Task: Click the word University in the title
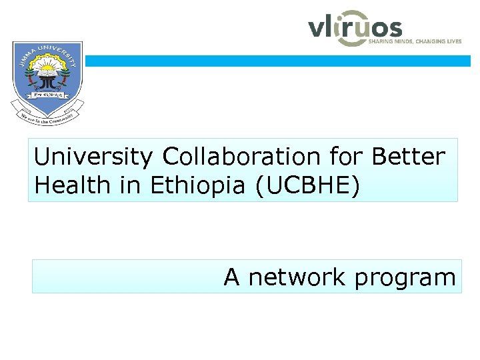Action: (93, 157)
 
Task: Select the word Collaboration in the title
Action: (240, 157)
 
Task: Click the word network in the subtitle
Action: (297, 277)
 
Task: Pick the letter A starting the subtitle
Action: (231, 276)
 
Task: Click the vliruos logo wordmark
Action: (355, 29)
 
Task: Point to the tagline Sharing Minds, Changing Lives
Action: (415, 41)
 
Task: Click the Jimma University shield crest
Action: (47, 75)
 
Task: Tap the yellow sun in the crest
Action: (47, 67)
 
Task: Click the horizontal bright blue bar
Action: (277, 61)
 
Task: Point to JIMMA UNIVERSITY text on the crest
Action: (47, 50)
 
